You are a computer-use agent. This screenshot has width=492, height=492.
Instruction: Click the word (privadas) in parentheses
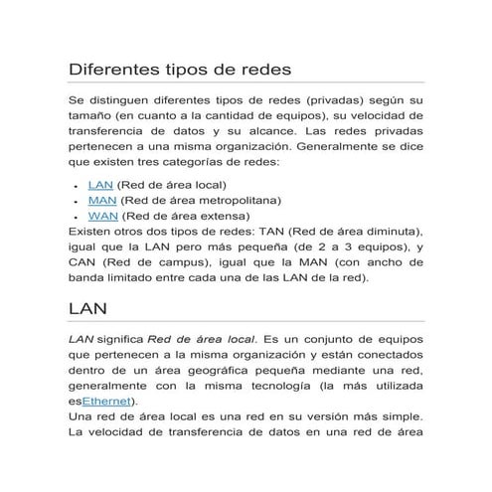pyautogui.click(x=335, y=101)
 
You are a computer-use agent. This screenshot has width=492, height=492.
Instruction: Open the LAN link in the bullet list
pyautogui.click(x=100, y=185)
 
